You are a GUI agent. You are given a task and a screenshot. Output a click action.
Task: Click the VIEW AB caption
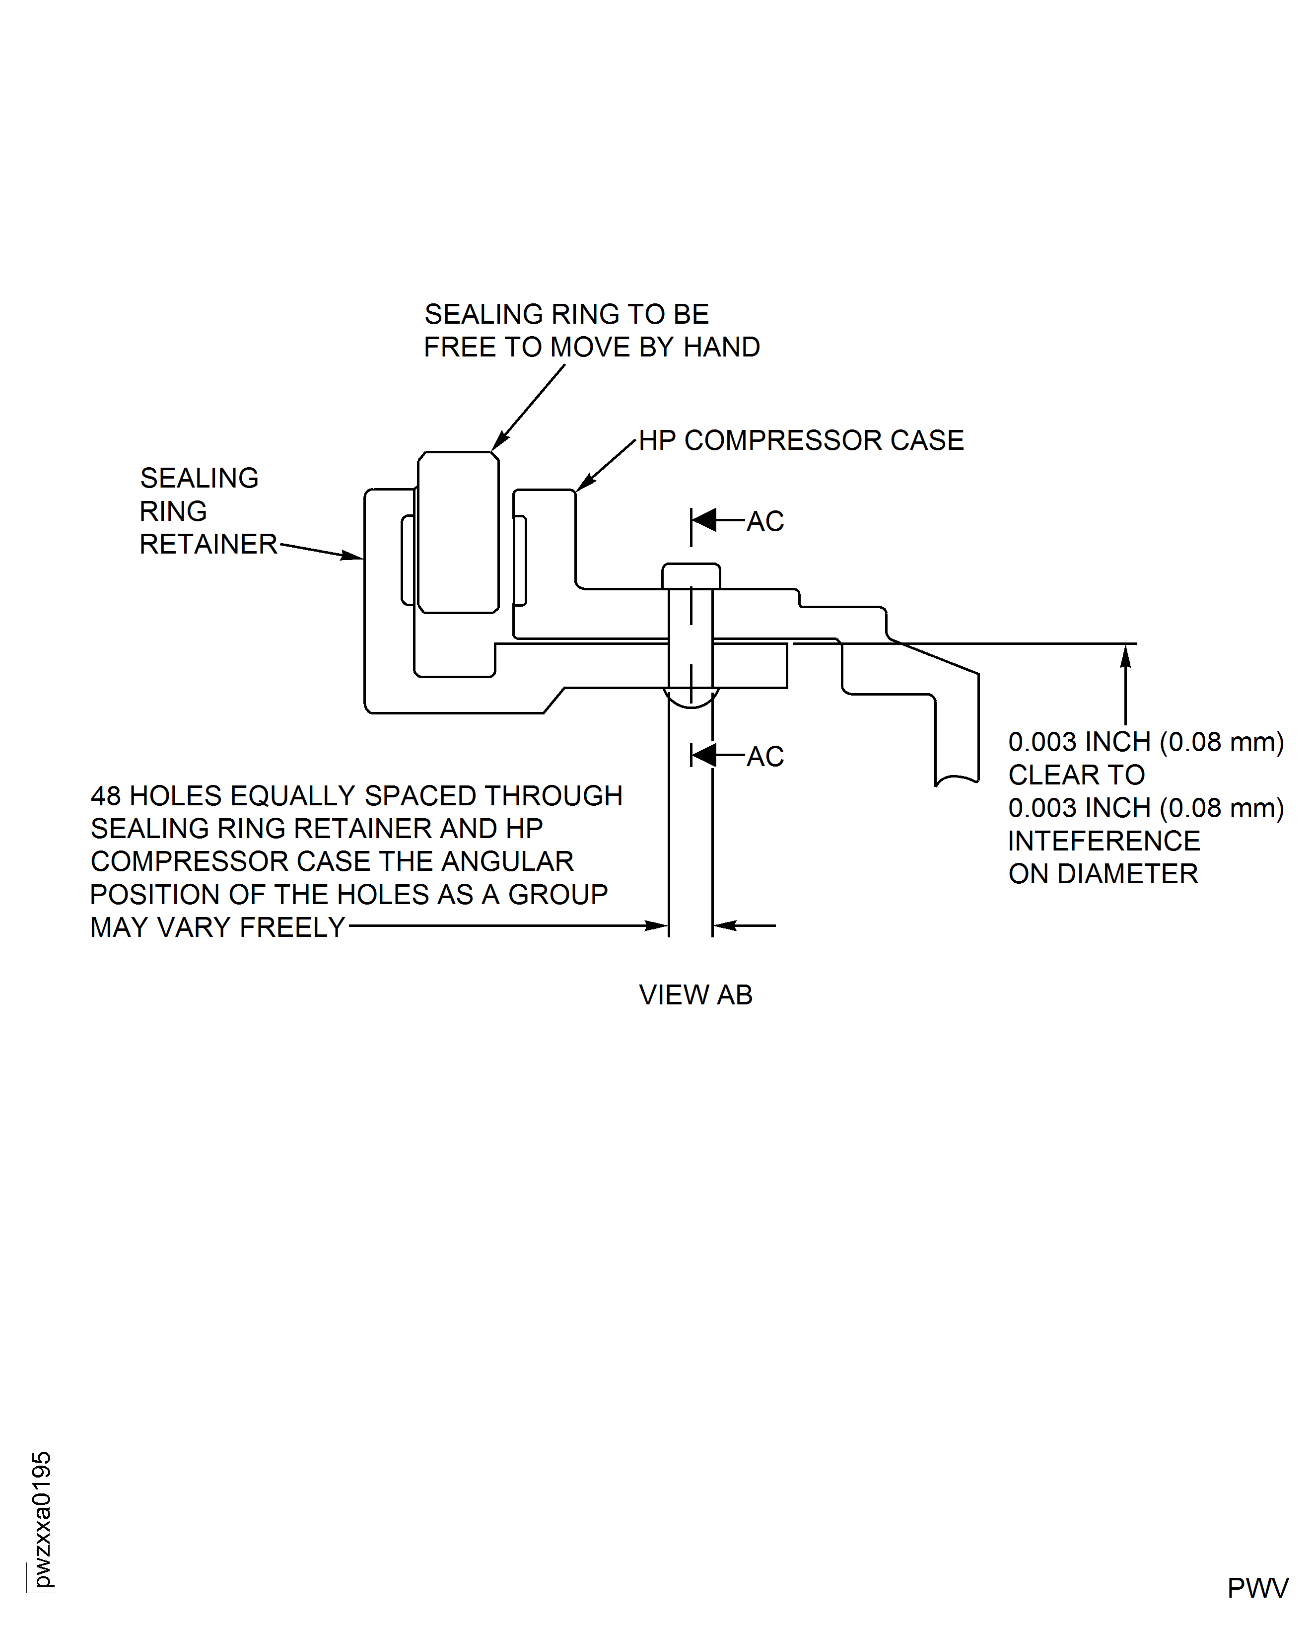click(x=695, y=994)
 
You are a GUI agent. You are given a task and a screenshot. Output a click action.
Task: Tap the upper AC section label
click(x=765, y=521)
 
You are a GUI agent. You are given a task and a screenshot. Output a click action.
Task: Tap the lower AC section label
click(x=765, y=756)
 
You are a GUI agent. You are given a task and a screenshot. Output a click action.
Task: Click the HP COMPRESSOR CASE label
click(x=801, y=440)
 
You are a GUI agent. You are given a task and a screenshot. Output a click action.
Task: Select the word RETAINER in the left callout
click(x=208, y=544)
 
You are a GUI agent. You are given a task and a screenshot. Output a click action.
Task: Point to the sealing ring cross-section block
click(x=458, y=532)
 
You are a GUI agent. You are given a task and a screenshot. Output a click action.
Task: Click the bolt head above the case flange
click(x=691, y=576)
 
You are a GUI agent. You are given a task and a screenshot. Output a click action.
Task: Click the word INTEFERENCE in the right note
click(x=1104, y=841)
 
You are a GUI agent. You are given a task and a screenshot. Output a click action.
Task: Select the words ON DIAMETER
click(x=1103, y=874)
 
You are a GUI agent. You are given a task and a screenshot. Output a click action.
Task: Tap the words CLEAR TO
click(x=1076, y=775)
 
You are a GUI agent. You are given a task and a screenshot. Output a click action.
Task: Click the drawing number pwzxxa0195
click(x=42, y=1519)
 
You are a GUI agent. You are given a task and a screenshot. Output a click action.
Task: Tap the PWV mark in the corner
click(x=1257, y=1588)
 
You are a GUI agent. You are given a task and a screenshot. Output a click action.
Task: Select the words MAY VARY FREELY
click(x=217, y=926)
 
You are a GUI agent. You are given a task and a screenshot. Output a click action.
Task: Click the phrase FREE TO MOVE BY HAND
click(x=592, y=347)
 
